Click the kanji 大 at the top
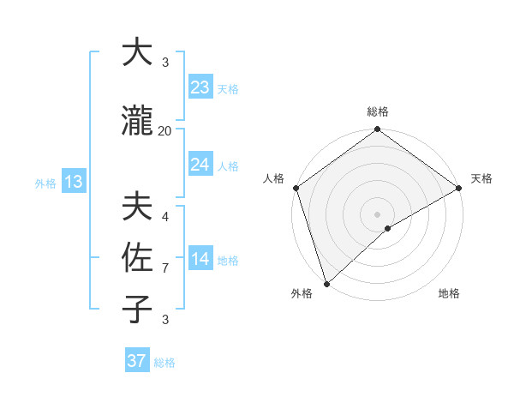click(x=137, y=52)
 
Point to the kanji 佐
click(x=137, y=257)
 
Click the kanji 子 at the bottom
click(x=137, y=309)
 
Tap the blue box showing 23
click(x=200, y=87)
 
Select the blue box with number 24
click(x=200, y=165)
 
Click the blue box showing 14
click(x=200, y=259)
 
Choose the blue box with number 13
click(x=73, y=182)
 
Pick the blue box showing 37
click(x=137, y=361)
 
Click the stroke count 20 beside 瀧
click(x=165, y=131)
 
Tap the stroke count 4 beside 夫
click(x=165, y=216)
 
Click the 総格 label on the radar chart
click(x=378, y=111)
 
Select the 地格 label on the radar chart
click(x=449, y=294)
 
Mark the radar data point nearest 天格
click(x=459, y=188)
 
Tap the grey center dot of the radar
click(x=378, y=214)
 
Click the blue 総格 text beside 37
click(x=164, y=363)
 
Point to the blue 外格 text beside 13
click(x=45, y=183)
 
